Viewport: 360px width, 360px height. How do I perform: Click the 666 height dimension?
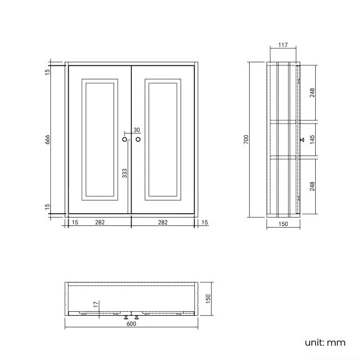pos(48,140)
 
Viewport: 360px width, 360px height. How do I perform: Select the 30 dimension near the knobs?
pos(137,130)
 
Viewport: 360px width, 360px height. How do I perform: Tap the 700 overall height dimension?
pos(246,139)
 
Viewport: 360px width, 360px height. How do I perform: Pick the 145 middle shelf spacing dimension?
pos(312,139)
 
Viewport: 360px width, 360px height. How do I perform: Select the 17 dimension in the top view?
pos(95,304)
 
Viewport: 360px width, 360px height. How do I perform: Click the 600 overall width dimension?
pos(131,324)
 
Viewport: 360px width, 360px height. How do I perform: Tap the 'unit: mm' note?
pos(325,342)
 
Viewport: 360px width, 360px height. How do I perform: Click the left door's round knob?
pos(125,140)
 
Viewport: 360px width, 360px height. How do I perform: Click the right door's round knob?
pos(138,140)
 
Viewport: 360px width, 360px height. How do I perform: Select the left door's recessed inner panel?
pos(100,139)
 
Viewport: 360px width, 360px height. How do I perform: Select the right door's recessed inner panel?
pos(163,139)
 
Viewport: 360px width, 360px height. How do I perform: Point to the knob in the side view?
pos(302,140)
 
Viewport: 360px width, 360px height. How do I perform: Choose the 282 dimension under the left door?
pos(100,222)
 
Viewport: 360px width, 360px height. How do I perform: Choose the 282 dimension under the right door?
pos(163,222)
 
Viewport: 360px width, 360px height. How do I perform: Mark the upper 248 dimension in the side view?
pos(312,92)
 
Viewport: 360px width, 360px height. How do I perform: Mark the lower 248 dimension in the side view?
pos(312,186)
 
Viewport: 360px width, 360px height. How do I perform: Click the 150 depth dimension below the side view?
pos(282,225)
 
